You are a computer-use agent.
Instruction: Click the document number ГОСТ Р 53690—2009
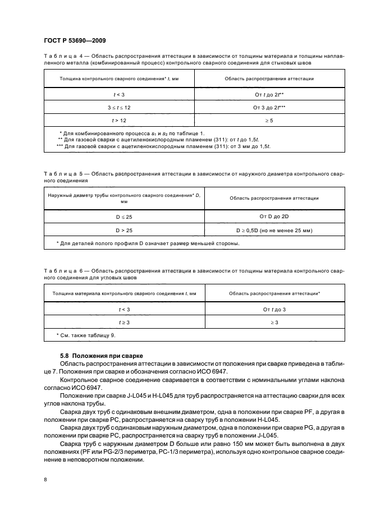(x=75, y=40)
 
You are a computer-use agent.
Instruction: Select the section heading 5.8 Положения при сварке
(x=102, y=356)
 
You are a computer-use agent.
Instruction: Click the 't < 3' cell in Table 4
(x=118, y=95)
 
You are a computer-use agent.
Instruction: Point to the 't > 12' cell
(x=118, y=120)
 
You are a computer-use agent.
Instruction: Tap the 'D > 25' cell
(x=118, y=229)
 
